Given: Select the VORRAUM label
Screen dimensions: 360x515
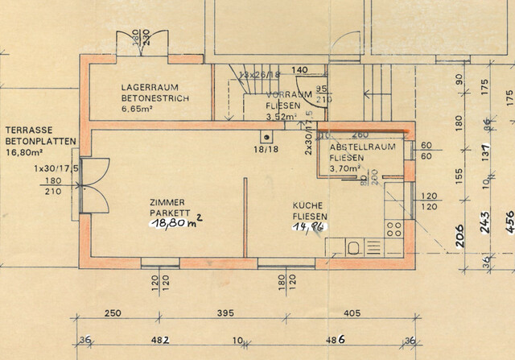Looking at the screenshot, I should pyautogui.click(x=282, y=94).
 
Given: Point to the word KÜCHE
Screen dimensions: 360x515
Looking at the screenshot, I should pyautogui.click(x=308, y=206).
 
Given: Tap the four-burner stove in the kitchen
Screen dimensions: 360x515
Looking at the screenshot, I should pyautogui.click(x=393, y=228).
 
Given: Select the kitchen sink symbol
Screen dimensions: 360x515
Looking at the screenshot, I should pyautogui.click(x=355, y=246).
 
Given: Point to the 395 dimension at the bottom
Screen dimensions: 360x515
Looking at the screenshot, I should pyautogui.click(x=229, y=313).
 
